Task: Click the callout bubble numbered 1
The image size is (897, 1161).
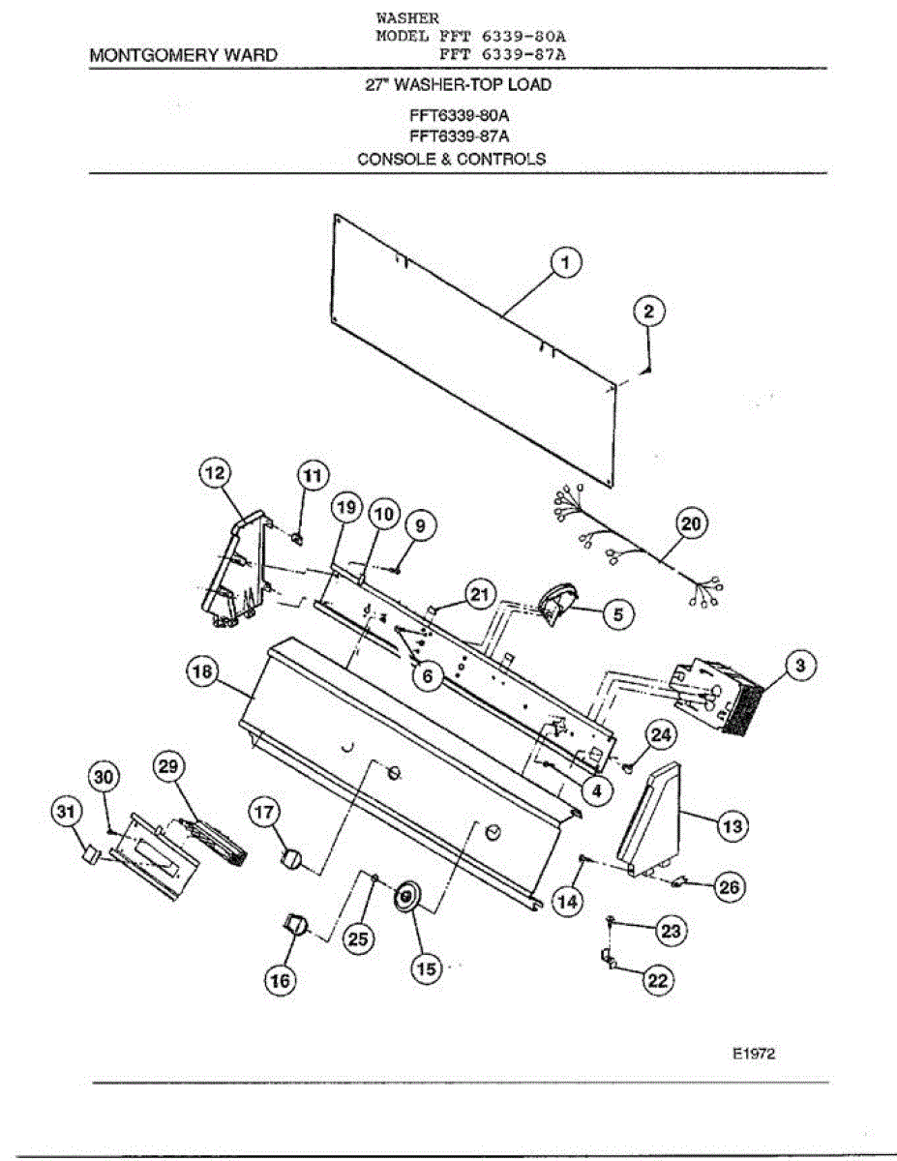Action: coord(566,261)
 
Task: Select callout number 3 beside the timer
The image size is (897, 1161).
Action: coord(798,666)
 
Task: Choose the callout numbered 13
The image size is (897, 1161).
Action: coord(733,825)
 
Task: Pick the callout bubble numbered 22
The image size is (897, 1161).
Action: coord(657,979)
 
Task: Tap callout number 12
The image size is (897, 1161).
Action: coord(215,474)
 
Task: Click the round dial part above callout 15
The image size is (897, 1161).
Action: coord(405,899)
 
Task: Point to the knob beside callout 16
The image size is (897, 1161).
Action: coord(296,925)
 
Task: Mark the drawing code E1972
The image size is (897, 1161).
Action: coord(754,1055)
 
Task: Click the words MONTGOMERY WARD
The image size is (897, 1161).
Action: coord(182,56)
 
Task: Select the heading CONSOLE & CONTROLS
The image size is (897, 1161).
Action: coord(451,159)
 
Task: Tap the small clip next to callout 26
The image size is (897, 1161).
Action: coord(678,880)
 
